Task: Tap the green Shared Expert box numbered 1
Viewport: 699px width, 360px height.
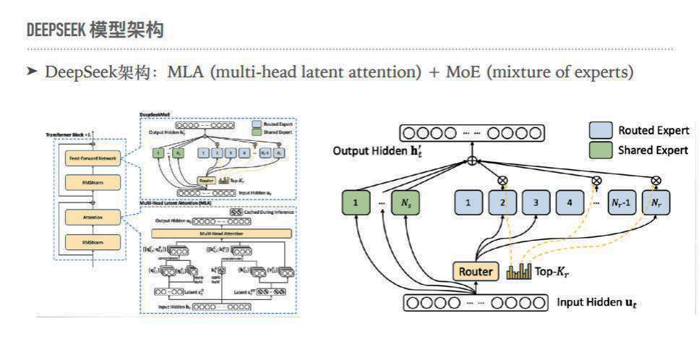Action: [355, 202]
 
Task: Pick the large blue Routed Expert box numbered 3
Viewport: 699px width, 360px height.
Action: [536, 202]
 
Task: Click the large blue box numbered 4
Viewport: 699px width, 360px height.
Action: [570, 202]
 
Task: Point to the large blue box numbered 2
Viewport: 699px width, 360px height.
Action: [502, 202]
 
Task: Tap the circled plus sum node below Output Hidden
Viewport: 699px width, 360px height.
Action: [472, 160]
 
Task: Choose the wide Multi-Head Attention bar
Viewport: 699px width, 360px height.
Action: [221, 233]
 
